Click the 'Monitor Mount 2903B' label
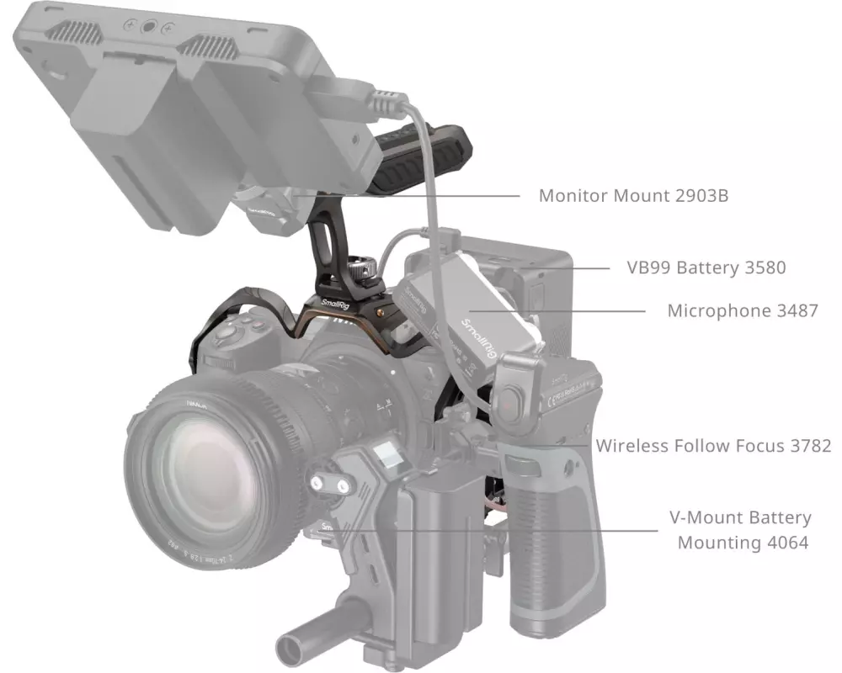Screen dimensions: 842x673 click(634, 196)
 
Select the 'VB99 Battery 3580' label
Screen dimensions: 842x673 click(706, 268)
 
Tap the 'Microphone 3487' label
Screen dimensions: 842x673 click(743, 310)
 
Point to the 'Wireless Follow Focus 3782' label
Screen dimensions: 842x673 click(714, 446)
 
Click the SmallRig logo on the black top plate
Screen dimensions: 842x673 click(335, 305)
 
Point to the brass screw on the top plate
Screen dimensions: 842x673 click(381, 311)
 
